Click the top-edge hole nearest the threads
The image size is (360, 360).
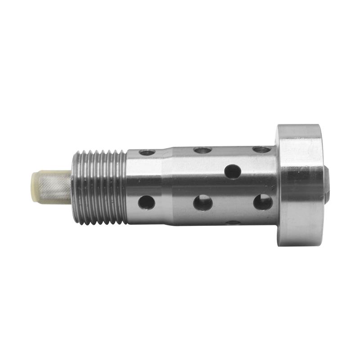[x=147, y=153]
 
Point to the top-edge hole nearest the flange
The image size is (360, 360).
[x=261, y=149]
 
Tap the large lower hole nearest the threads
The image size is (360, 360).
[x=147, y=202]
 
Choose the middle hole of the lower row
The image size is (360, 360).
[x=203, y=202]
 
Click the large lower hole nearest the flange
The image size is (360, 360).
[x=263, y=202]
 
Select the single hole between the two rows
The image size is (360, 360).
[x=233, y=171]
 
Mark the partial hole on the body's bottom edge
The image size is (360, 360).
[x=233, y=222]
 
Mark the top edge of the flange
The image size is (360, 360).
[x=299, y=126]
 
